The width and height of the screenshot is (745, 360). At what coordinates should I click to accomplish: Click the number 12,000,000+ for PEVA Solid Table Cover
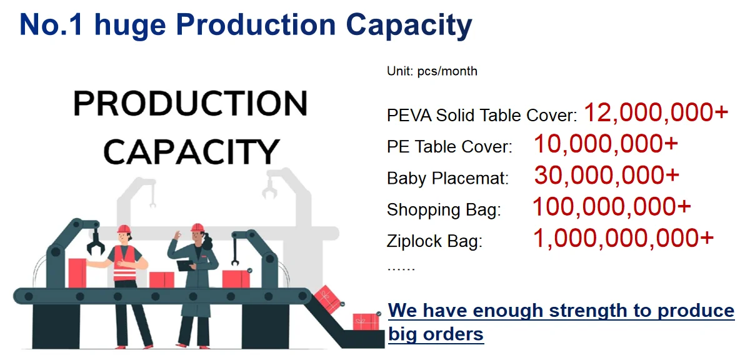pyautogui.click(x=656, y=113)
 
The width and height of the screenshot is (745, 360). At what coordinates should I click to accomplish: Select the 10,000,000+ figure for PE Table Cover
pyautogui.click(x=606, y=144)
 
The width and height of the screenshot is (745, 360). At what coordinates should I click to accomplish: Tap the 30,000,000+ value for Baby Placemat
pyautogui.click(x=607, y=175)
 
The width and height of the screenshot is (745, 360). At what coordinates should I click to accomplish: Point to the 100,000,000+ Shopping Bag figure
pyautogui.click(x=611, y=207)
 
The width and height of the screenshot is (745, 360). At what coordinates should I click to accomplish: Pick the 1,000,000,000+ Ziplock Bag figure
pyautogui.click(x=623, y=238)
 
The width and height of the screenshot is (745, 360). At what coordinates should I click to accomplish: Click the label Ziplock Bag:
pyautogui.click(x=435, y=242)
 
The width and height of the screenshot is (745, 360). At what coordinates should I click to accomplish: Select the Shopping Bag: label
pyautogui.click(x=444, y=210)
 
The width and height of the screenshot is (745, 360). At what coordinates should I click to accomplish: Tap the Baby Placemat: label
pyautogui.click(x=448, y=179)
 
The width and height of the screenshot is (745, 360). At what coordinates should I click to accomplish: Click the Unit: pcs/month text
pyautogui.click(x=432, y=72)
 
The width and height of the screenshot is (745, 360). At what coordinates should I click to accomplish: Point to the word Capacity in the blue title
pyautogui.click(x=409, y=26)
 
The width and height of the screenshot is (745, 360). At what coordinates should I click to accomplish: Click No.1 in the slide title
pyautogui.click(x=51, y=25)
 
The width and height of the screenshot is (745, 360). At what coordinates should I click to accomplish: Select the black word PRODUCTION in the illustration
pyautogui.click(x=190, y=104)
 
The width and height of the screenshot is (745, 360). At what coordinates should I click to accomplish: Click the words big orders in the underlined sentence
pyautogui.click(x=436, y=334)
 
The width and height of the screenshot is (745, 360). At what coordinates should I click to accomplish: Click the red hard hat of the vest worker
pyautogui.click(x=124, y=229)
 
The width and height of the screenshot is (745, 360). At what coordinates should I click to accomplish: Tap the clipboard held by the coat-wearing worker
pyautogui.click(x=184, y=265)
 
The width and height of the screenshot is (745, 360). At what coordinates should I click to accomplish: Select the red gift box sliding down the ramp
pyautogui.click(x=327, y=299)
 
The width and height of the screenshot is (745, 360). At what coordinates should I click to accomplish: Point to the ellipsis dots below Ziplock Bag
pyautogui.click(x=401, y=269)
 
